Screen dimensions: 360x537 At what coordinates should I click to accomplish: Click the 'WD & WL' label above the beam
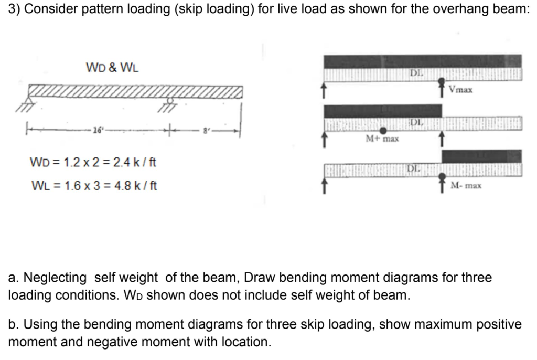pos(112,68)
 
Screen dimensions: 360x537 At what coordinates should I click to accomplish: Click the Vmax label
pos(461,90)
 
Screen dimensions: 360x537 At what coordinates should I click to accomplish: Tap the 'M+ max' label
pos(382,139)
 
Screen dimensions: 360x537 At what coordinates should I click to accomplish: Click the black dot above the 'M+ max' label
pos(383,130)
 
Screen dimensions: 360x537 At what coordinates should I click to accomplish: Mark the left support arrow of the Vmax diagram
pos(325,91)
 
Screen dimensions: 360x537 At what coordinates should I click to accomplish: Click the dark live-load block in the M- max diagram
pos(481,156)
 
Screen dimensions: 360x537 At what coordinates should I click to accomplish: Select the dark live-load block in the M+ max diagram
pos(383,111)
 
